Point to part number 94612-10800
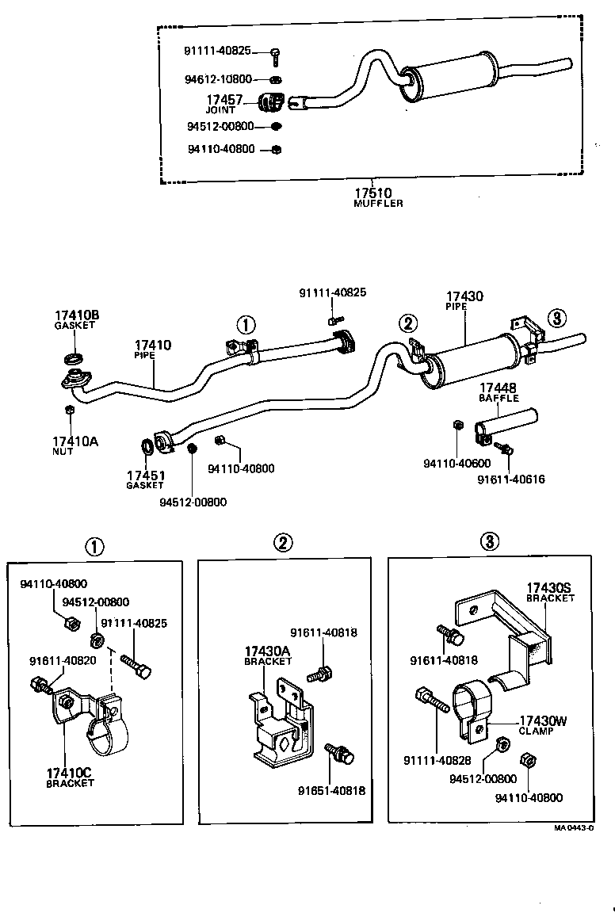(x=218, y=79)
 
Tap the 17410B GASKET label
(x=77, y=319)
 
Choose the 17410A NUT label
(x=75, y=445)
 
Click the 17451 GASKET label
(x=145, y=479)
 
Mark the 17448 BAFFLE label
(x=498, y=392)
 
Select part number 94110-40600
(x=456, y=464)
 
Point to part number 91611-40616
(x=511, y=479)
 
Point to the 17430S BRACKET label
(x=550, y=592)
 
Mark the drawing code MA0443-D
(x=574, y=827)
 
